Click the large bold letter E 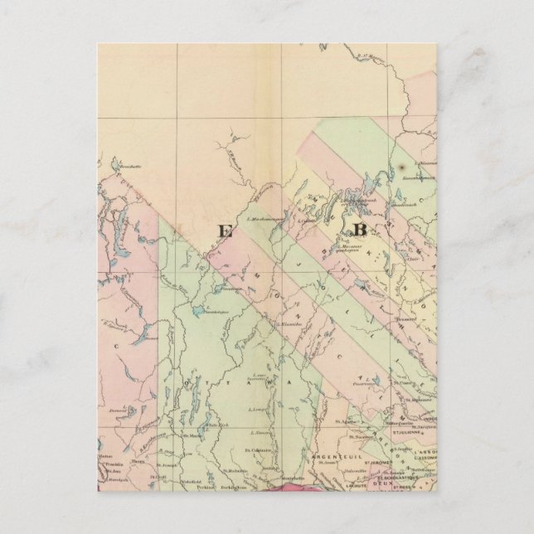[x=225, y=231]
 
